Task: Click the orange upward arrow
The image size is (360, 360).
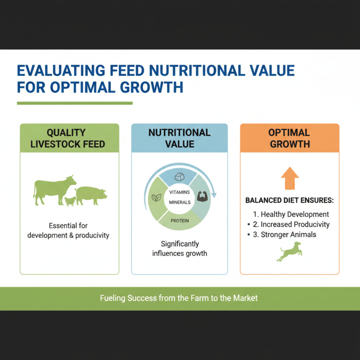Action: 289,178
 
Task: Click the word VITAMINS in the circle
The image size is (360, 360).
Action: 180,192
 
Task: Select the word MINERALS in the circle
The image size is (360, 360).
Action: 180,202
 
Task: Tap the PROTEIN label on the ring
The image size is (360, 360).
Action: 180,220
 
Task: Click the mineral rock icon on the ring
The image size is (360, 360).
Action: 180,177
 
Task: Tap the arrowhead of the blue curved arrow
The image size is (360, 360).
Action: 213,195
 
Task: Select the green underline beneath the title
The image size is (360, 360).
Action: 75,103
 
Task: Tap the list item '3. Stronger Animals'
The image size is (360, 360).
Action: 288,234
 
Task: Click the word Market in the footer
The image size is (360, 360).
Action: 246,298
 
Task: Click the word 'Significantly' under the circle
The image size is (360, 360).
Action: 180,244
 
